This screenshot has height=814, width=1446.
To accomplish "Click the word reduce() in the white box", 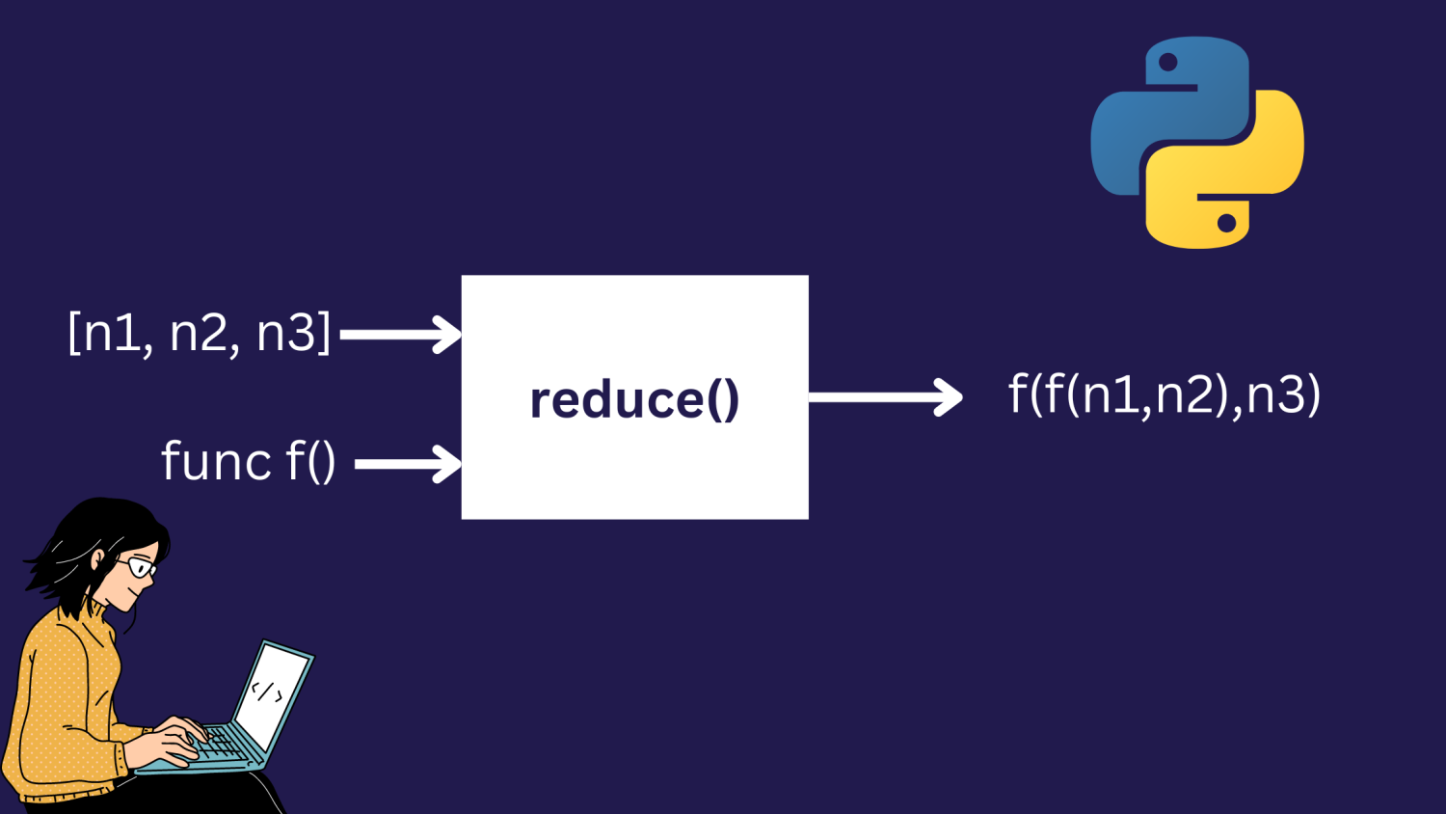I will point(634,399).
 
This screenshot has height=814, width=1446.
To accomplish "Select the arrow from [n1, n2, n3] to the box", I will point(400,335).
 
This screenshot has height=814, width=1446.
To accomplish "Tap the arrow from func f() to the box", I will point(408,464).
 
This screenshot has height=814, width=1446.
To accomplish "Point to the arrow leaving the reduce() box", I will point(884,396).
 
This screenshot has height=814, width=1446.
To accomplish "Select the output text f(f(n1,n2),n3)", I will point(1164,394).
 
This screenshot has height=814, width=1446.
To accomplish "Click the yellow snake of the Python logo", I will point(1244,174).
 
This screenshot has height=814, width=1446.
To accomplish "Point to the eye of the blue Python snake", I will point(1168,63).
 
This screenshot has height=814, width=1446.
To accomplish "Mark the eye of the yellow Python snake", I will point(1226,224).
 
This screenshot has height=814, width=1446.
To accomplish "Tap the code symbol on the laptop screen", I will point(267,692).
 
